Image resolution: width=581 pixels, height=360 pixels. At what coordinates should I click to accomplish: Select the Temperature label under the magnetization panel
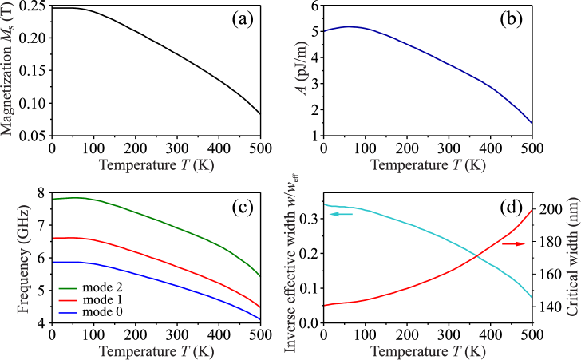click(156, 165)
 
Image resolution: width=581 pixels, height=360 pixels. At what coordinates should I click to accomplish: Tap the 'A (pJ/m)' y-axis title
click(302, 68)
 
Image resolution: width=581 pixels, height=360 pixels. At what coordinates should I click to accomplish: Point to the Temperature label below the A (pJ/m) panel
click(428, 165)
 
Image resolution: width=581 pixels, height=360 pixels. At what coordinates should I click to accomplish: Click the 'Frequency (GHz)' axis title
click(23, 259)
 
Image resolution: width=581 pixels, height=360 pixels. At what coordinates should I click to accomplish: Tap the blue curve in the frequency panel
click(160, 280)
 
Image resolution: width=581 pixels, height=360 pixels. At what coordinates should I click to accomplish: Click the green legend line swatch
click(68, 288)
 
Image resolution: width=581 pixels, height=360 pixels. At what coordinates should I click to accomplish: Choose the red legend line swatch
click(68, 301)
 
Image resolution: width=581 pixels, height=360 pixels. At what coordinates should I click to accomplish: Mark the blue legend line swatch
click(68, 314)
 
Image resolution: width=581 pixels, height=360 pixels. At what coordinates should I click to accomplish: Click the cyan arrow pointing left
click(341, 214)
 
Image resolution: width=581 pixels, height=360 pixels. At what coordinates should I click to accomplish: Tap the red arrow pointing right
click(513, 243)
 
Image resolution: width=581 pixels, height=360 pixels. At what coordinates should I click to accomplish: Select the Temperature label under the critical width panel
click(428, 351)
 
